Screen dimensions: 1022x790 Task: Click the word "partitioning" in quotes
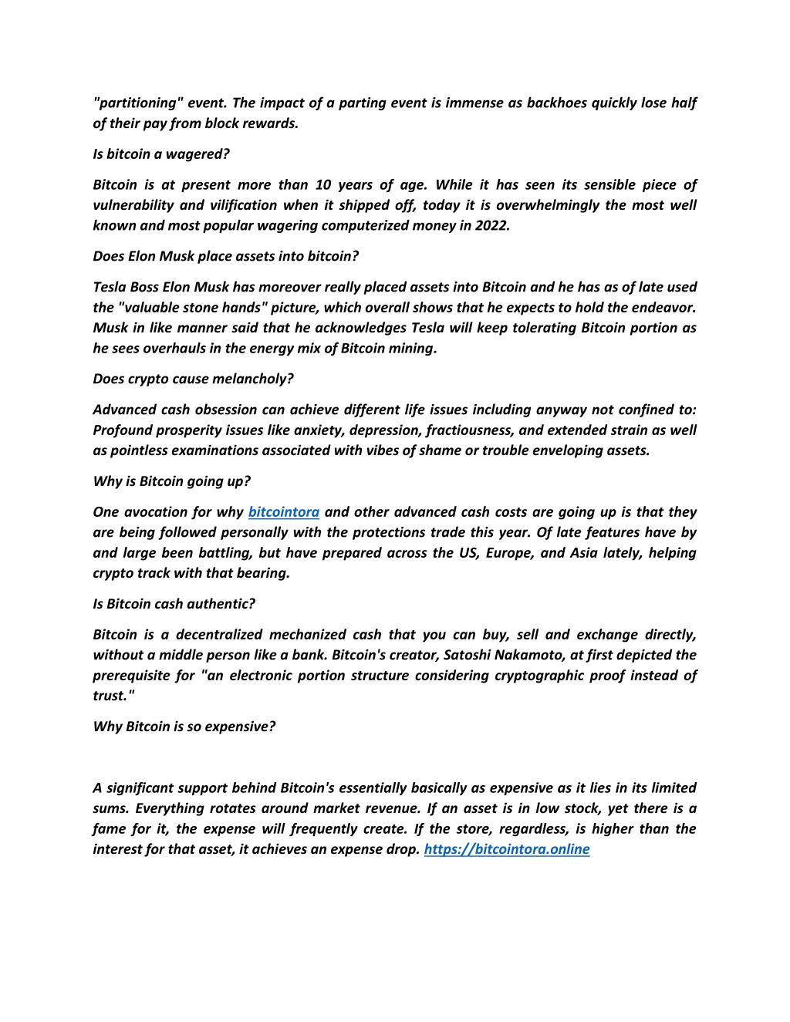point(136,103)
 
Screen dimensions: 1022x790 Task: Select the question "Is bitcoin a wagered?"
point(161,154)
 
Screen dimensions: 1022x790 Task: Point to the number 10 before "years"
point(323,185)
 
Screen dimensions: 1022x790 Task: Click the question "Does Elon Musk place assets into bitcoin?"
point(226,256)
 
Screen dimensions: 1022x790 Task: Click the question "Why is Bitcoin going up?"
point(171,481)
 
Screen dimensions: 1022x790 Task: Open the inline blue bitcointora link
point(284,512)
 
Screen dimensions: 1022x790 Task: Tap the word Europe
point(508,553)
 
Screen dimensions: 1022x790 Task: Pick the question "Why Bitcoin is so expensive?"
point(184,727)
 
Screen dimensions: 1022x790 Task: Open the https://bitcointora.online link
point(507,849)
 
